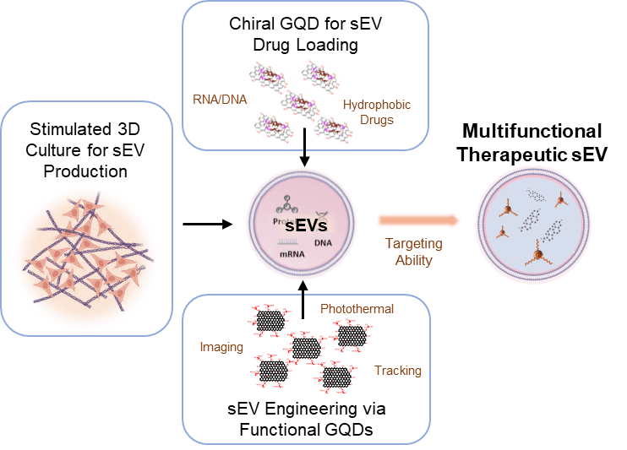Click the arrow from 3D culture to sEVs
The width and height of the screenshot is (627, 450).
205,225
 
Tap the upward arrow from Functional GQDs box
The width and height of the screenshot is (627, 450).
303,303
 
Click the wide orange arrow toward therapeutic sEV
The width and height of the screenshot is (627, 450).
418,220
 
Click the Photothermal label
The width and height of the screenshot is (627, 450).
357,309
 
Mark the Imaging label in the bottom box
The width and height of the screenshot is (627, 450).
221,347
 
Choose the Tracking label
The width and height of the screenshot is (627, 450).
396,370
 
